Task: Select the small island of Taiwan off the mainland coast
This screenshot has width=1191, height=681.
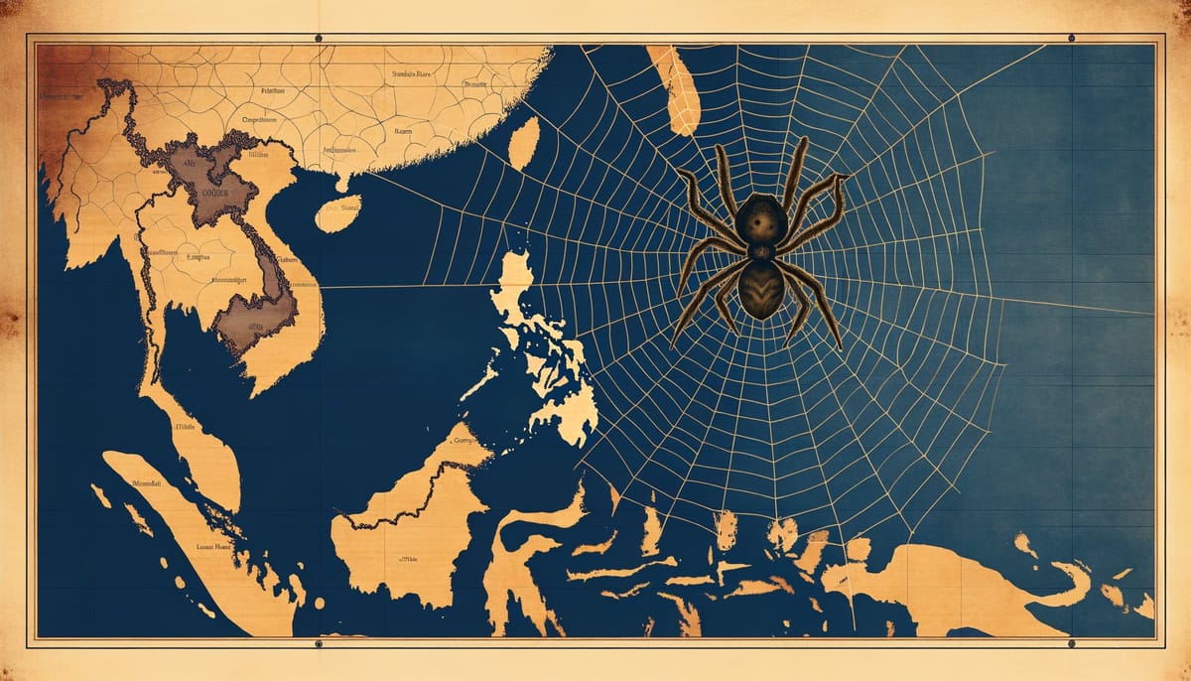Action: [x=523, y=143]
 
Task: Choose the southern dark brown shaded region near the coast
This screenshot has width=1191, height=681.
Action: [x=258, y=318]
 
